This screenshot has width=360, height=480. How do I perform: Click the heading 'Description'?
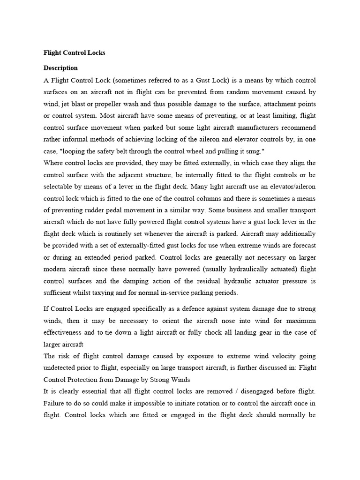pos(60,68)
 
